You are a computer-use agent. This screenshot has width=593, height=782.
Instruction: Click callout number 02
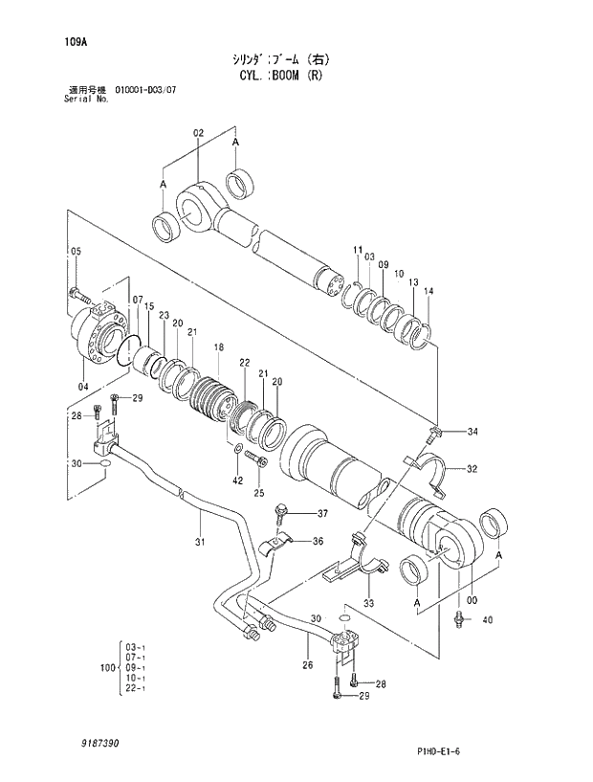(199, 133)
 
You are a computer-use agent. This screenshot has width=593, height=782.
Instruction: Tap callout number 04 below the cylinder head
(83, 386)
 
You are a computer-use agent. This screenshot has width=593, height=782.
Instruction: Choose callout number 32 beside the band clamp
(472, 469)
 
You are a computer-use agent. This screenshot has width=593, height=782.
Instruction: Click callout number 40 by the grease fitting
(488, 620)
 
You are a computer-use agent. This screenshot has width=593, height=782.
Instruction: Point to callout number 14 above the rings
(428, 291)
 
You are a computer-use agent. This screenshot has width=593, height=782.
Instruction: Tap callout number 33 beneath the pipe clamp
(367, 604)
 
